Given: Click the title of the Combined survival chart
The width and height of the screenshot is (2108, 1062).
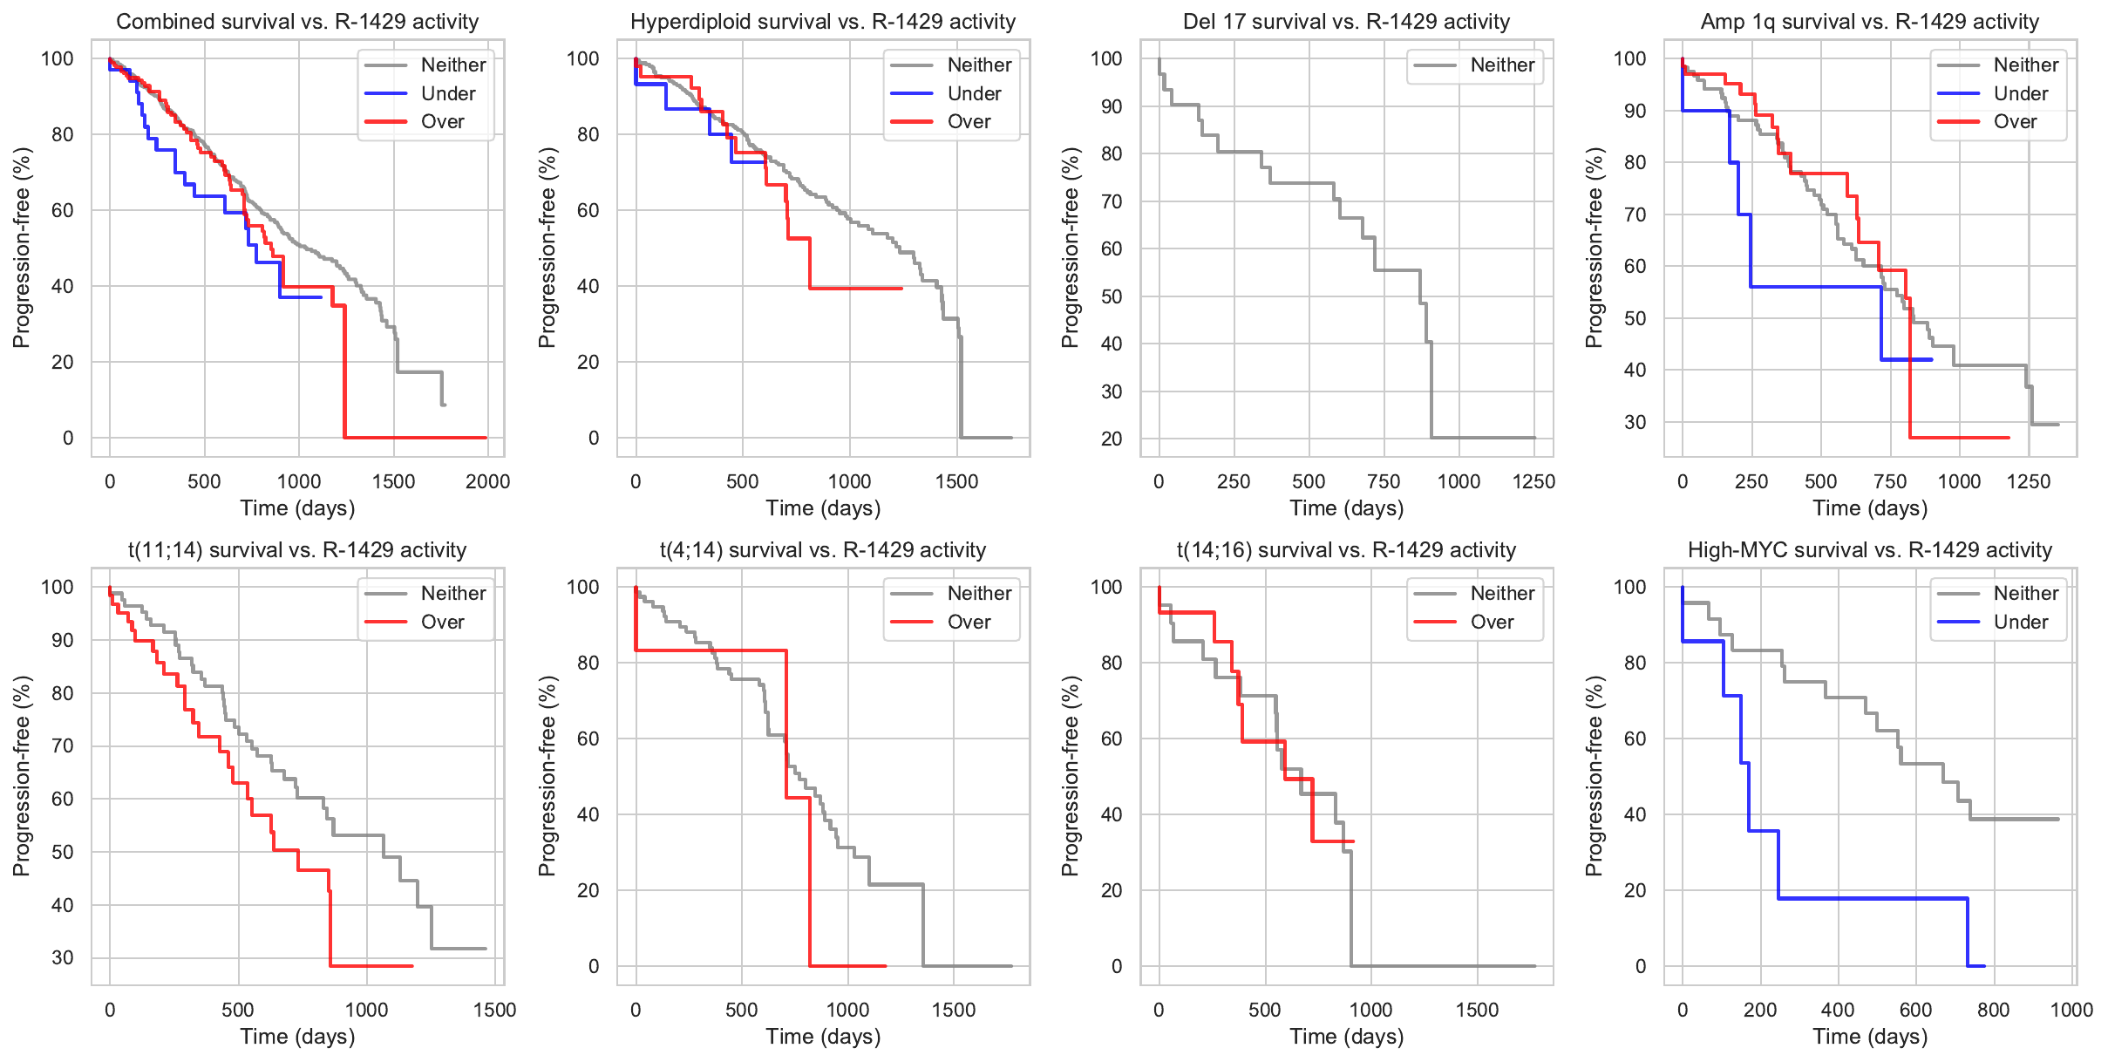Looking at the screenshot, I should point(297,22).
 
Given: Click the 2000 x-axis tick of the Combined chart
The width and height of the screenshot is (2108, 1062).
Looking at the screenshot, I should point(488,481).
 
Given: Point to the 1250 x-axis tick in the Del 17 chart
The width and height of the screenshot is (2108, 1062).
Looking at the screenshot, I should point(1533,481).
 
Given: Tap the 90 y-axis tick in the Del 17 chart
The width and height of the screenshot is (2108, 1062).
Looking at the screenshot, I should point(1112,106).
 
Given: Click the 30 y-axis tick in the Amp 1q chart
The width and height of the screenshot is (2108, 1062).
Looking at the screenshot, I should point(1635,422).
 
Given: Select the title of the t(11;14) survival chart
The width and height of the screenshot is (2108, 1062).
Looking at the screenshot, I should point(297,550).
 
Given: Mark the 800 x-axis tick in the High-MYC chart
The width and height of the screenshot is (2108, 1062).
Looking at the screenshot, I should point(1994,1010).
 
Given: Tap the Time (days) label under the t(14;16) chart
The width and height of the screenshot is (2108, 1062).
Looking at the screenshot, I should point(1346,1037).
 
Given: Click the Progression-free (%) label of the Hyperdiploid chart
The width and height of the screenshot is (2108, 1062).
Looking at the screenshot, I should point(547,248).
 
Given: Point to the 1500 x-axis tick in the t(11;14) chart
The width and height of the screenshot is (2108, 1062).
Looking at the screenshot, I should point(495,1010).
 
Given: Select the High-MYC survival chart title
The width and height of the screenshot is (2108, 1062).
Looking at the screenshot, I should point(1870,550).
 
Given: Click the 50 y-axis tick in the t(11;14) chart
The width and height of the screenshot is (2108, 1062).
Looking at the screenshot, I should point(63,852).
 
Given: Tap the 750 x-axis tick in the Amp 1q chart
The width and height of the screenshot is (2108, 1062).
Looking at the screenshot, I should point(1890,481).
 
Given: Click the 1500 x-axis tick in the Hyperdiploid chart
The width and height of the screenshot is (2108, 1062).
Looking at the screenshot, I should point(957,481).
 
